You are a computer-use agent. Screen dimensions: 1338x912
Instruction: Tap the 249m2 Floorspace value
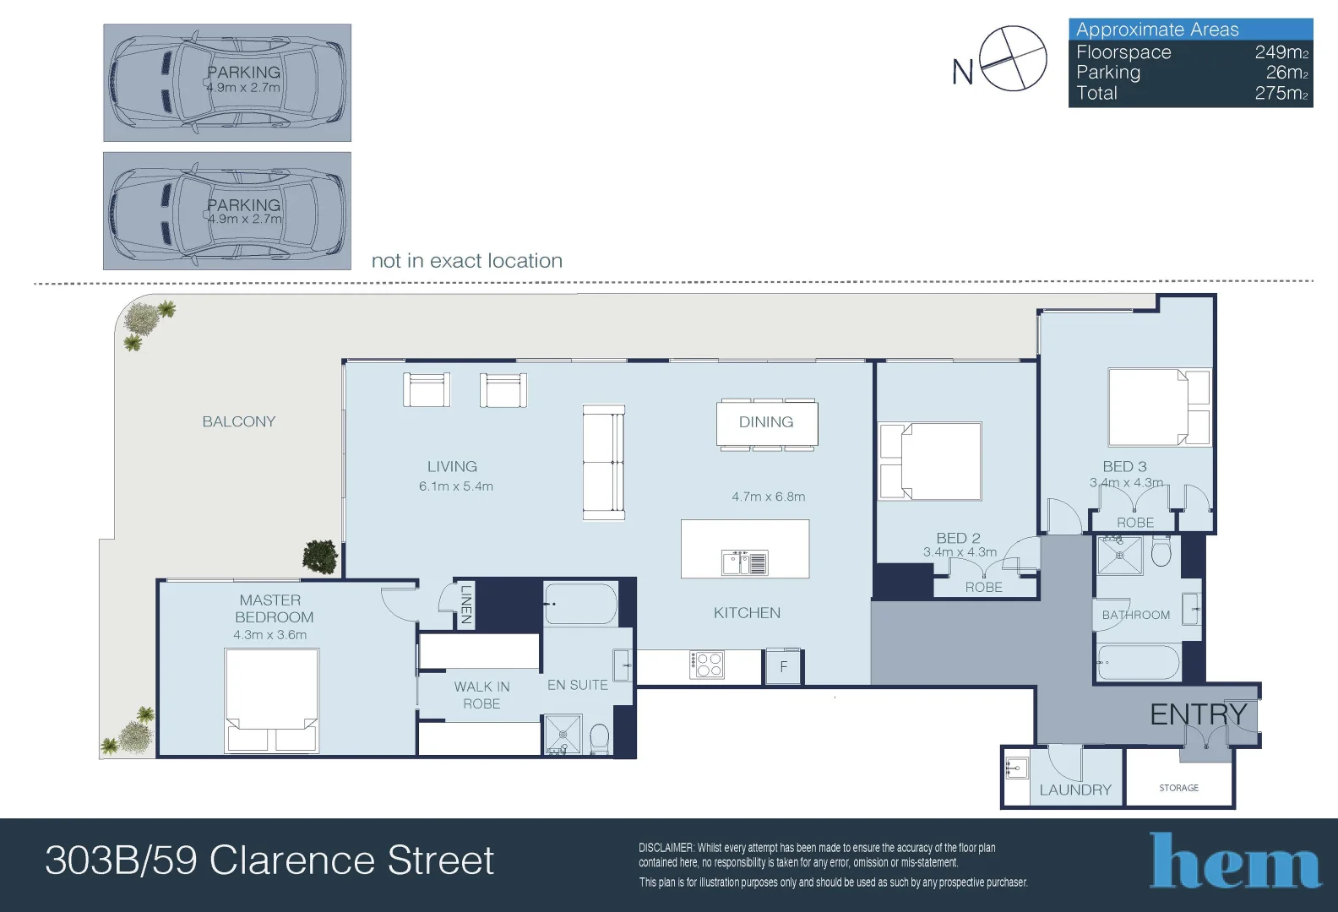(1281, 52)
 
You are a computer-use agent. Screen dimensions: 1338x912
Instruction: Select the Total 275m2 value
(1281, 93)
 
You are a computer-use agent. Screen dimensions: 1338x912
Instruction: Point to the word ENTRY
(1199, 714)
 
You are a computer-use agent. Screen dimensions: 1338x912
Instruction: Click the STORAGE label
(1178, 788)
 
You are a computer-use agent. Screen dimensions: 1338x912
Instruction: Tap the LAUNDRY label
(1075, 790)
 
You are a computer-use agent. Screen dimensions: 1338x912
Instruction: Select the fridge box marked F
(784, 666)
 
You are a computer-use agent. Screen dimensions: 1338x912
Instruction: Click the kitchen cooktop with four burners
(707, 665)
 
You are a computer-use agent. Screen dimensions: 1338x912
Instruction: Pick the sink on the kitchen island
(744, 562)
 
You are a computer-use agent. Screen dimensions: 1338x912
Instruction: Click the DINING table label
(766, 422)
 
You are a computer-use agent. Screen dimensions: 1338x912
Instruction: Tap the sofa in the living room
(603, 463)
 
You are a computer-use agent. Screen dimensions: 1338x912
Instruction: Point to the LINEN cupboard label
(466, 605)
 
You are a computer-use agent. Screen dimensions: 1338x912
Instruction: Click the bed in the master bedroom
(272, 701)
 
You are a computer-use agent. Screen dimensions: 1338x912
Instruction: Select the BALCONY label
(239, 421)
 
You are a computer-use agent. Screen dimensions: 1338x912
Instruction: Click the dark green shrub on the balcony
(320, 557)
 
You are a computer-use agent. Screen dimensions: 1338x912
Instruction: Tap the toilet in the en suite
(599, 739)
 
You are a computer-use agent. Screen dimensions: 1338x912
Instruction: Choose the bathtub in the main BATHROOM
(1139, 662)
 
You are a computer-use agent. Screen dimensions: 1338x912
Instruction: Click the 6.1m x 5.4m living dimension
(456, 486)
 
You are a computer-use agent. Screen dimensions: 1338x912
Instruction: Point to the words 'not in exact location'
(467, 261)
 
